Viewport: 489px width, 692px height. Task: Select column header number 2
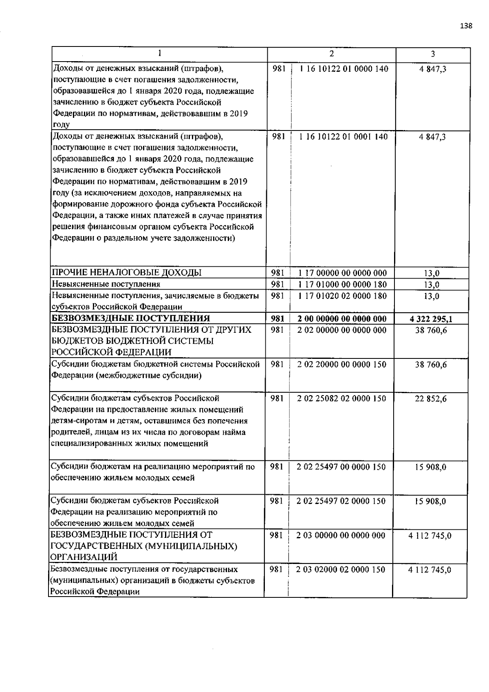click(x=332, y=53)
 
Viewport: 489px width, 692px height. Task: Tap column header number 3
click(x=433, y=53)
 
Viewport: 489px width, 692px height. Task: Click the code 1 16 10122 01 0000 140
click(x=344, y=69)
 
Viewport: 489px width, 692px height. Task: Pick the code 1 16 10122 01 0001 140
click(x=344, y=137)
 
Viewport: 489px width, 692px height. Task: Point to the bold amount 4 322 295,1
click(x=431, y=319)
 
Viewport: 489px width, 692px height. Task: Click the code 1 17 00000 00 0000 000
click(x=342, y=273)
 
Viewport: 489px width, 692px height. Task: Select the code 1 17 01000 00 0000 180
click(x=342, y=284)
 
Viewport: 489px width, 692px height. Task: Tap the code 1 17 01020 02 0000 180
click(x=342, y=296)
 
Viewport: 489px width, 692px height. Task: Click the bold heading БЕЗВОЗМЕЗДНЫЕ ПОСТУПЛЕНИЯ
click(x=130, y=318)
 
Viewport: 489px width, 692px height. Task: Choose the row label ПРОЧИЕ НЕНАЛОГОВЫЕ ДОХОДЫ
click(x=126, y=273)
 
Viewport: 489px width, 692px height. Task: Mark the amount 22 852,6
click(x=431, y=399)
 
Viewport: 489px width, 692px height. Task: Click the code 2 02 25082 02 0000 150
click(x=342, y=398)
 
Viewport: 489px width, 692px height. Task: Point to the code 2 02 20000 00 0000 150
click(x=342, y=364)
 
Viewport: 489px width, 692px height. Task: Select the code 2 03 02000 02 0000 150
click(x=341, y=569)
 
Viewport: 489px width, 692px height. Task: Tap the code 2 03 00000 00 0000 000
click(x=341, y=535)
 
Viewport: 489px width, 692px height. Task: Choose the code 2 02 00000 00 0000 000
click(x=342, y=330)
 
